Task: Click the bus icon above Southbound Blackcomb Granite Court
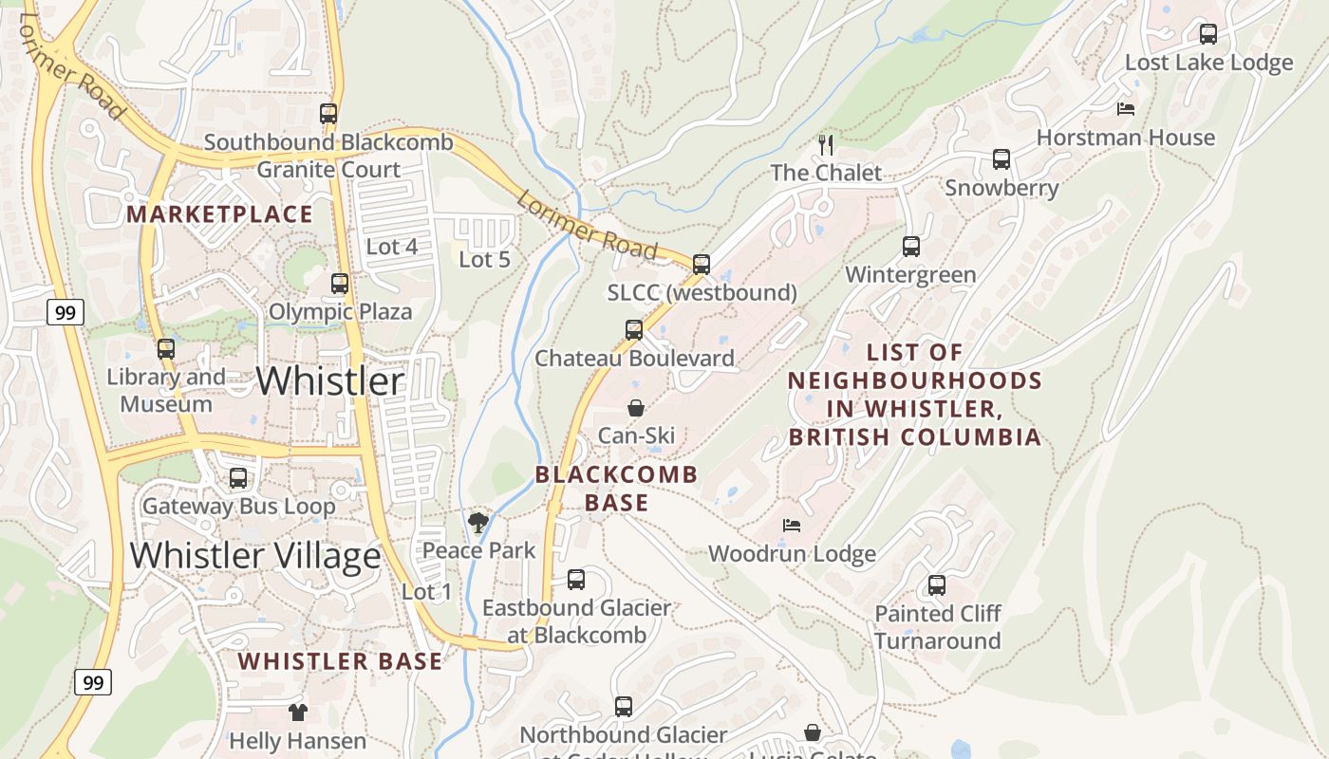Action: tap(328, 114)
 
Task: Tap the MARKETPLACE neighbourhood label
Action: tap(219, 214)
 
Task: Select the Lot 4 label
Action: tap(392, 247)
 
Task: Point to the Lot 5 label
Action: tap(484, 259)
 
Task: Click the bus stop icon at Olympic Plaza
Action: tap(340, 283)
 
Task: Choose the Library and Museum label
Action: tap(166, 391)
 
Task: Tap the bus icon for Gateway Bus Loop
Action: tap(238, 478)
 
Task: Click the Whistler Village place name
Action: tap(255, 555)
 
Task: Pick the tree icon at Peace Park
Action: tap(478, 522)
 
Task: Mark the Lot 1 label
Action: tap(427, 592)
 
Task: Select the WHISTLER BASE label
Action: tap(340, 661)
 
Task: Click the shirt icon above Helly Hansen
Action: tap(298, 712)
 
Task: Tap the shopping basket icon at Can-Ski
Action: tap(636, 408)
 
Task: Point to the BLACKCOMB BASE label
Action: tap(617, 488)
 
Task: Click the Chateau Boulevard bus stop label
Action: tap(634, 359)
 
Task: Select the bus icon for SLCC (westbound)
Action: tap(702, 265)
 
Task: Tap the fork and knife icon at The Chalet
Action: tap(826, 144)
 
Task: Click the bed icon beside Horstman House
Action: tap(1126, 109)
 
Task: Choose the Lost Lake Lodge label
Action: tap(1208, 63)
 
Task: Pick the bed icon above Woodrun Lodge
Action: tap(792, 525)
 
